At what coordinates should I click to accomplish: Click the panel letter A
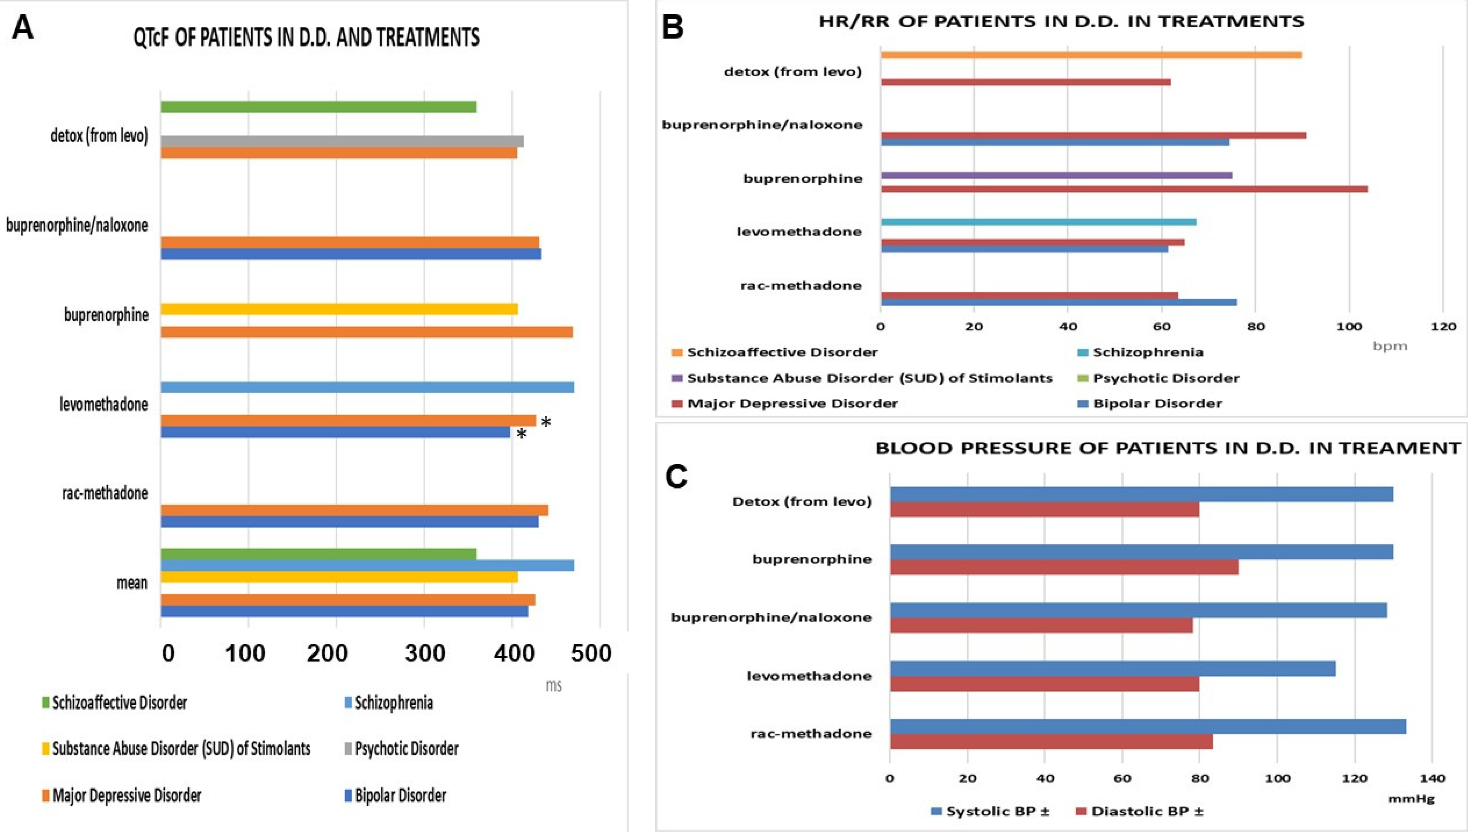click(x=23, y=27)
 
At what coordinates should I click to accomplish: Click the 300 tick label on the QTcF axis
click(x=425, y=653)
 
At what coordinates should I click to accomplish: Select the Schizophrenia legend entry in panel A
click(x=393, y=702)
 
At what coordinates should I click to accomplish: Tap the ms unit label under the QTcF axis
click(x=553, y=685)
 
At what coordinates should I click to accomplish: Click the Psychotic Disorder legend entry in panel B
click(x=1166, y=378)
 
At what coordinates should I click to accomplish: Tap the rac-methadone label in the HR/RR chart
click(x=801, y=285)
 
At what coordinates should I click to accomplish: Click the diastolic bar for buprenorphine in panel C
click(x=1064, y=567)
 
